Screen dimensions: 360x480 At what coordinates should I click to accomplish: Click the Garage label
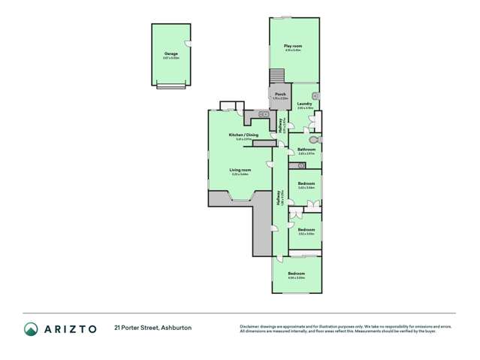click(171, 53)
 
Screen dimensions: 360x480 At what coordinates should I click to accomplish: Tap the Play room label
click(291, 47)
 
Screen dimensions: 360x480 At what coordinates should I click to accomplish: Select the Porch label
click(280, 95)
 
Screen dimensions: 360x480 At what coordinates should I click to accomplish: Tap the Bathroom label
click(306, 149)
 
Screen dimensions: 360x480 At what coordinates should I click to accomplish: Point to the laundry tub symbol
click(315, 97)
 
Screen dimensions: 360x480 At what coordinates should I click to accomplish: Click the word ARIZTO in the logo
click(72, 328)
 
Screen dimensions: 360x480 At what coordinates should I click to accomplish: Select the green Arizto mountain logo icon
click(31, 328)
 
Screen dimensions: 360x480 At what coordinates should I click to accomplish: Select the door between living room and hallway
click(270, 165)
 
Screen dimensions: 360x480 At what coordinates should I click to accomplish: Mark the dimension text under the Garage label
click(171, 58)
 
